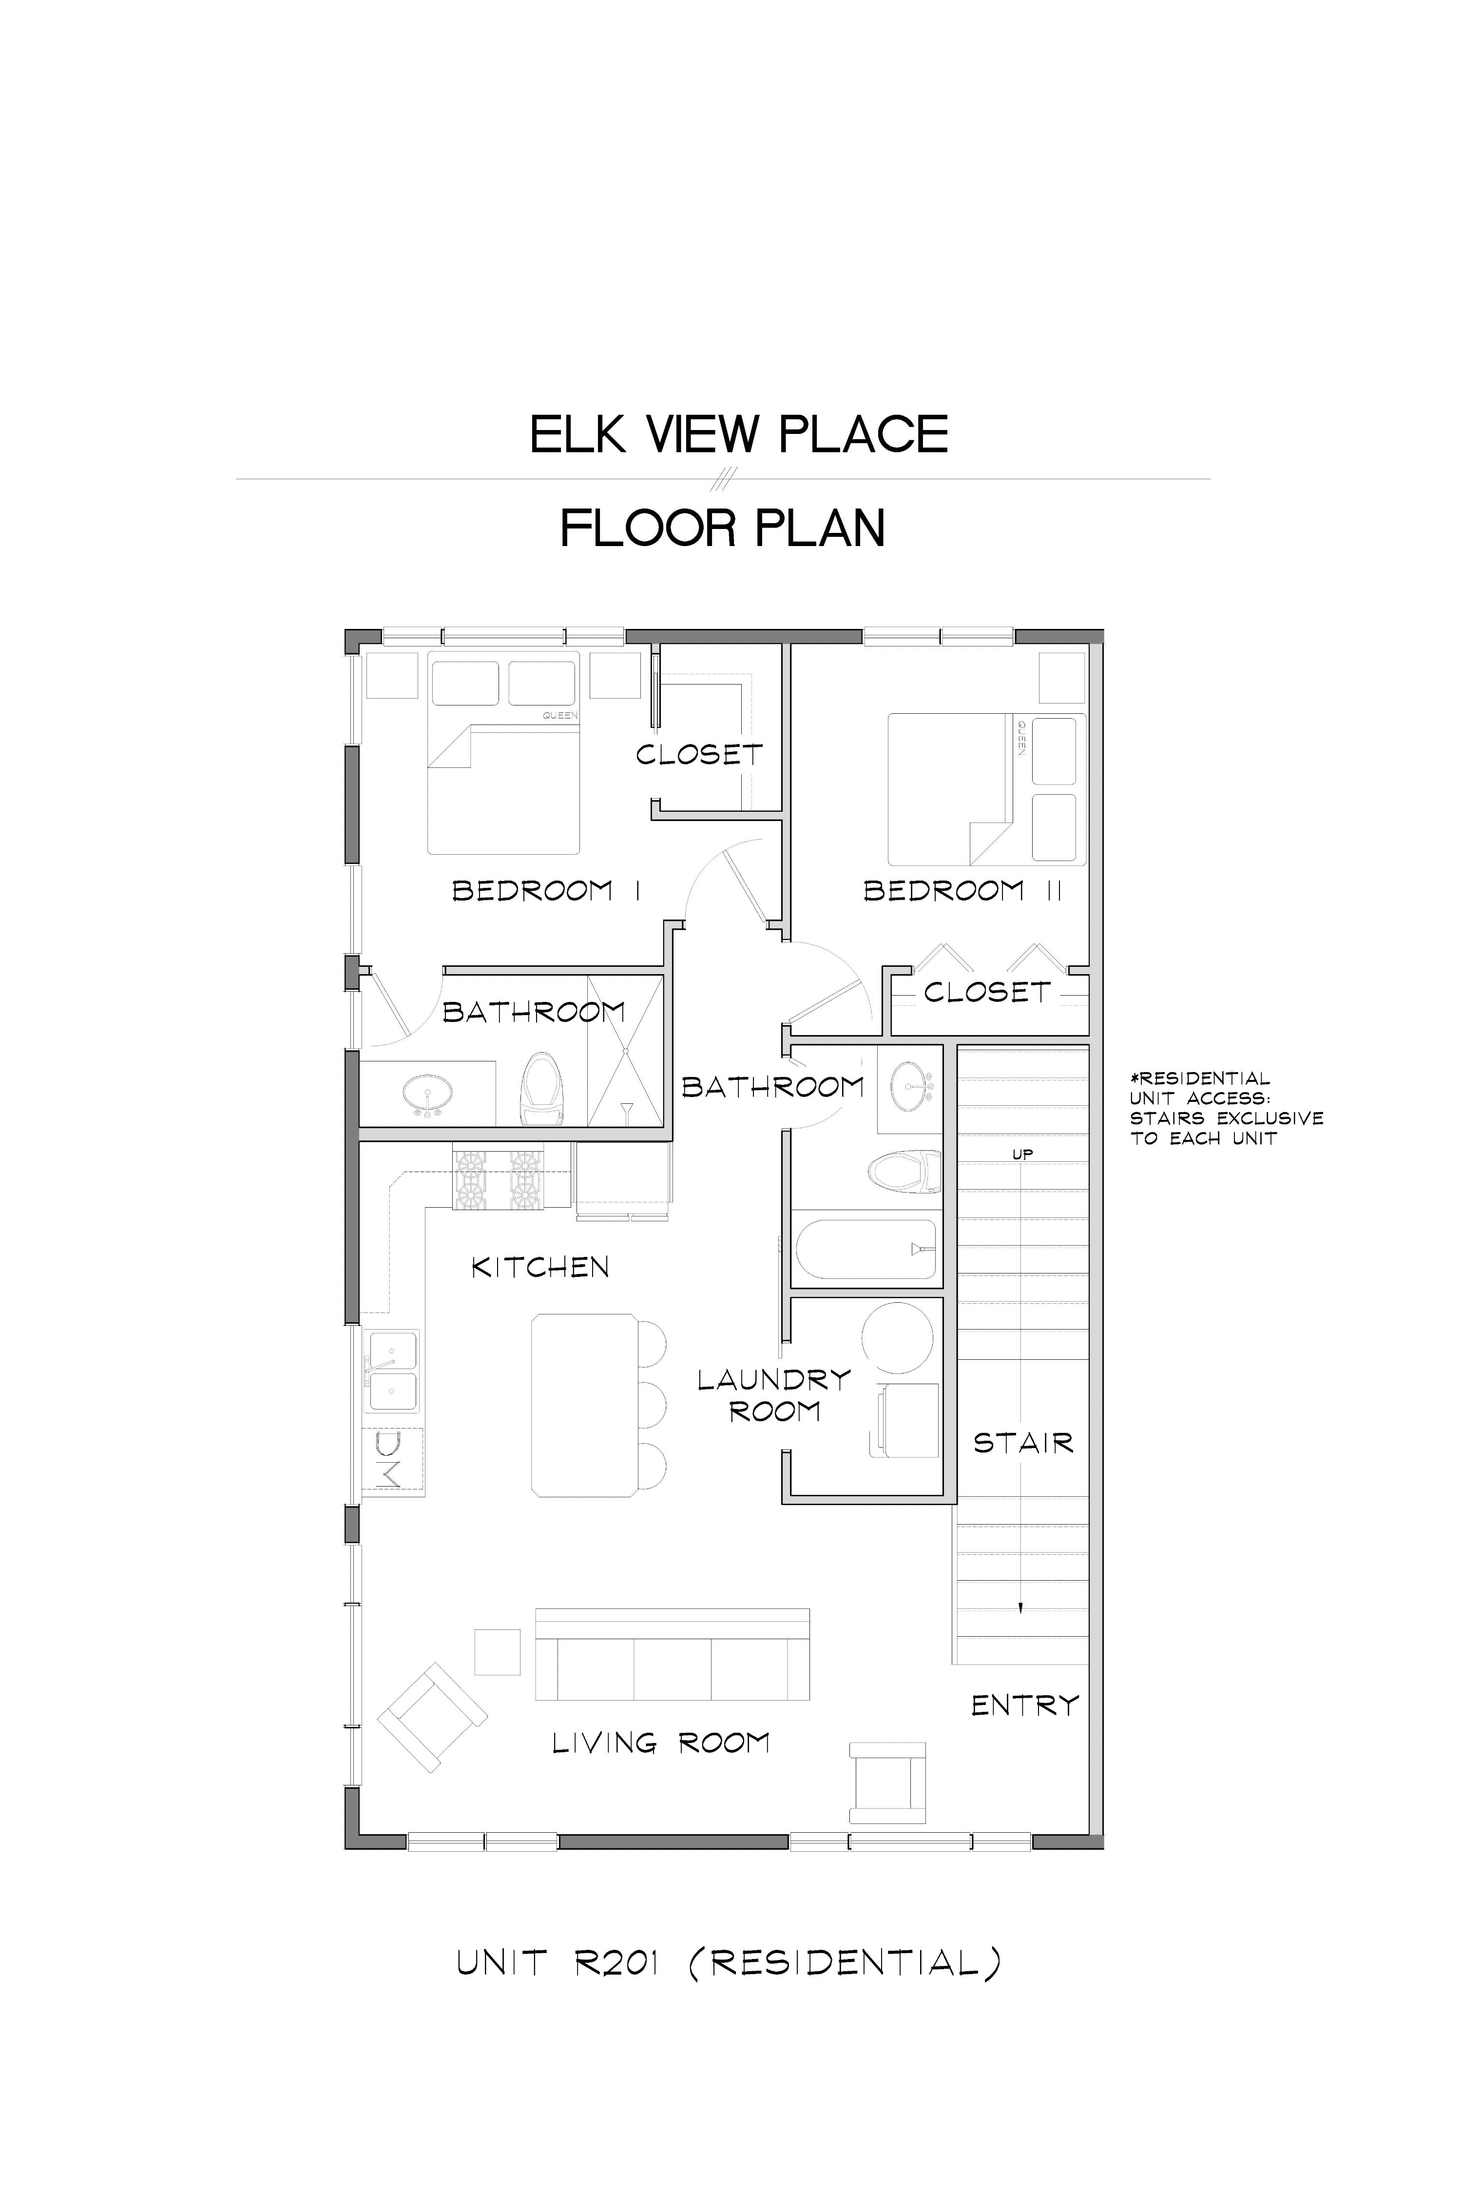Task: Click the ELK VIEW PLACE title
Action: coord(738,435)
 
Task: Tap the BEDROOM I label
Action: coord(546,891)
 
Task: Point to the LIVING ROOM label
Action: coord(661,1743)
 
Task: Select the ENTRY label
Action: coord(1025,1705)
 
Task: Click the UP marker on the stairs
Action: coord(1023,1154)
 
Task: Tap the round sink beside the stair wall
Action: coord(909,1087)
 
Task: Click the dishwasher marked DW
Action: coord(392,1460)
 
